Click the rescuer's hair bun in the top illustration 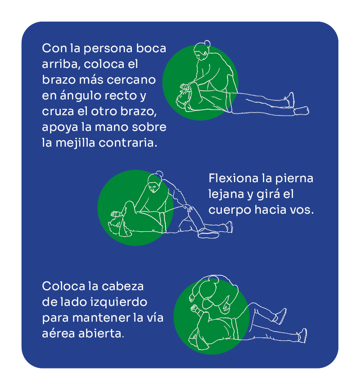[x=207, y=44]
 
